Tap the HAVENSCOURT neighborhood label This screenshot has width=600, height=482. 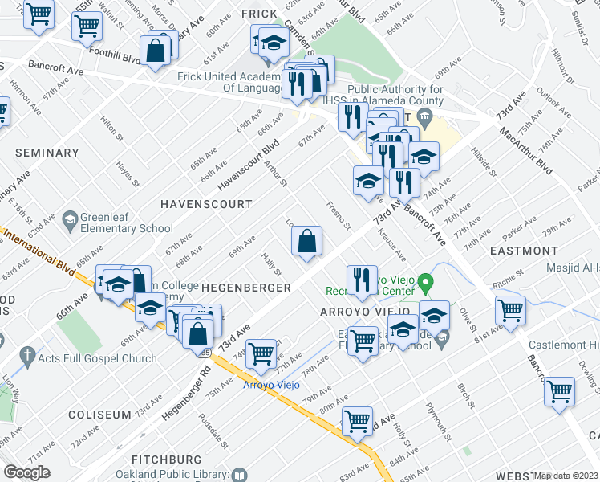(205, 204)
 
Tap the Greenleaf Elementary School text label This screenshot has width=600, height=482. (122, 228)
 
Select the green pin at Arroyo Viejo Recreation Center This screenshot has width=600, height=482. (425, 282)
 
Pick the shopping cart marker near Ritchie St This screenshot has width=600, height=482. (509, 309)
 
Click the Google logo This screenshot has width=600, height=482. (26, 472)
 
